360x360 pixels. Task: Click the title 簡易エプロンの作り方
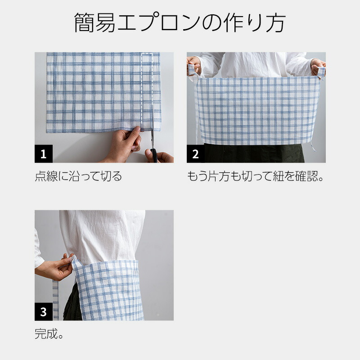[x=180, y=22]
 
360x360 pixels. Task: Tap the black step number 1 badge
[x=44, y=153]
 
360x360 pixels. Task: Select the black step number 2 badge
[x=196, y=153]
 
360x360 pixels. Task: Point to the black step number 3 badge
[x=44, y=311]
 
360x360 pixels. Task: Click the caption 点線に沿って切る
[x=78, y=176]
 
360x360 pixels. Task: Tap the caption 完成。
[x=49, y=334]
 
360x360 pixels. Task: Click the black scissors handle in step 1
[x=154, y=155]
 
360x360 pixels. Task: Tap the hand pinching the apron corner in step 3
[x=55, y=267]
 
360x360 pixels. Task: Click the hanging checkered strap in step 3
[x=55, y=300]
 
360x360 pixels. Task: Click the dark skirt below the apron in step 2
[x=254, y=153]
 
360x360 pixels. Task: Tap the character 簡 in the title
[x=84, y=22]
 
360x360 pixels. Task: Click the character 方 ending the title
[x=276, y=22]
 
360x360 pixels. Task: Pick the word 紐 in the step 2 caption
[x=278, y=176]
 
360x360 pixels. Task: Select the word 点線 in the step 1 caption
[x=46, y=176]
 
